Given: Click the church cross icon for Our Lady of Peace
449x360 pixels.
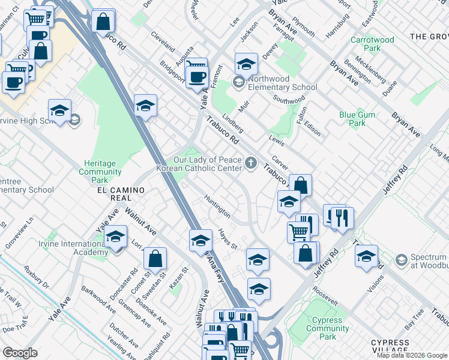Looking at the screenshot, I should pyautogui.click(x=251, y=161).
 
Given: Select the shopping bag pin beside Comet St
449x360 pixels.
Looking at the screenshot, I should pyautogui.click(x=155, y=259).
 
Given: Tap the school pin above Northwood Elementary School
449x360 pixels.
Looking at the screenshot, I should pyautogui.click(x=246, y=64).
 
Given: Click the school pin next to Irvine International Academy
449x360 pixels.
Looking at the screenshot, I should pyautogui.click(x=116, y=238).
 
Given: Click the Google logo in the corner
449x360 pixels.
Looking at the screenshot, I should pyautogui.click(x=20, y=353).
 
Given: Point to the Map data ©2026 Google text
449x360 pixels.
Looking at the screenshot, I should pyautogui.click(x=412, y=355).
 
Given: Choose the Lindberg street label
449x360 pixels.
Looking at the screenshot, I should pyautogui.click(x=233, y=122).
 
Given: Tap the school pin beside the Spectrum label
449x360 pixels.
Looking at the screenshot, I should pyautogui.click(x=366, y=256).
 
